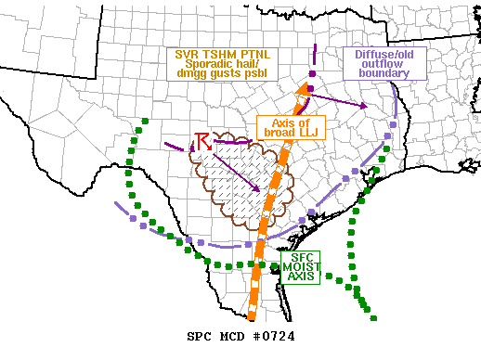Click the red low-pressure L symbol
(203, 142)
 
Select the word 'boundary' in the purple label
(384, 78)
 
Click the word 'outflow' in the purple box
(384, 66)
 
